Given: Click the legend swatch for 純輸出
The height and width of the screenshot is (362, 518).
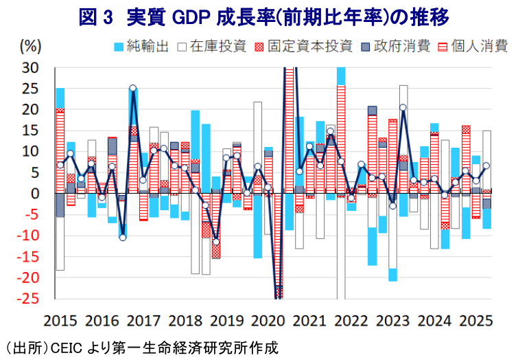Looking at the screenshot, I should pyautogui.click(x=117, y=47).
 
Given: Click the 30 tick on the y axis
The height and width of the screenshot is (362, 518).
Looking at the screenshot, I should pyautogui.click(x=30, y=67).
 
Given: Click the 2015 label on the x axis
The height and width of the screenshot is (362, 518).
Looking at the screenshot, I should pyautogui.click(x=61, y=320).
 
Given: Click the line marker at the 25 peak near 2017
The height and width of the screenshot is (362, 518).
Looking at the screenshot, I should pyautogui.click(x=132, y=88).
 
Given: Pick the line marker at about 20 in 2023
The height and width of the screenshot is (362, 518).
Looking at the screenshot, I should pyautogui.click(x=403, y=107).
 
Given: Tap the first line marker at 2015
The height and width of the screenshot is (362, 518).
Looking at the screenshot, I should pyautogui.click(x=60, y=165).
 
